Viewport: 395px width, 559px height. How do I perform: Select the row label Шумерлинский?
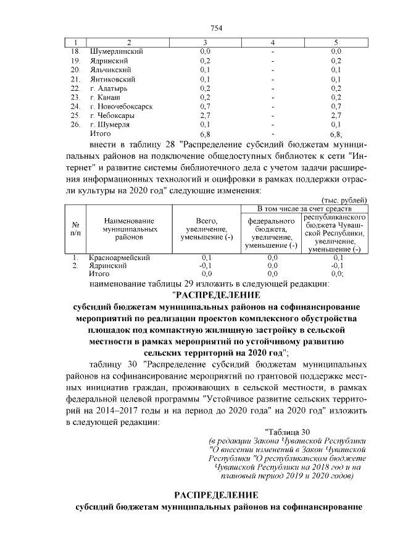(117, 51)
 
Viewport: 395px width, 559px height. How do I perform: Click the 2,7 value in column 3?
(206, 115)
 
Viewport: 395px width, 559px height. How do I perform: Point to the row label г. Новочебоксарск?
(121, 106)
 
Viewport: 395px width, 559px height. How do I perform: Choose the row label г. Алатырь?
(110, 88)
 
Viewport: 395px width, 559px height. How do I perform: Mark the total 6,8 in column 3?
(206, 133)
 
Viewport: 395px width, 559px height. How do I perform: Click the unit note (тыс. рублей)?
(344, 200)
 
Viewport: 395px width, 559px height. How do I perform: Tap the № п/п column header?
(75, 229)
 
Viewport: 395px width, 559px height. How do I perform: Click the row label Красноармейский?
(119, 257)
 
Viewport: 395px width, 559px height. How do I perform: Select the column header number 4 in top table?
(272, 42)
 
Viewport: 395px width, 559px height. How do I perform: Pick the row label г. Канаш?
(106, 97)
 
